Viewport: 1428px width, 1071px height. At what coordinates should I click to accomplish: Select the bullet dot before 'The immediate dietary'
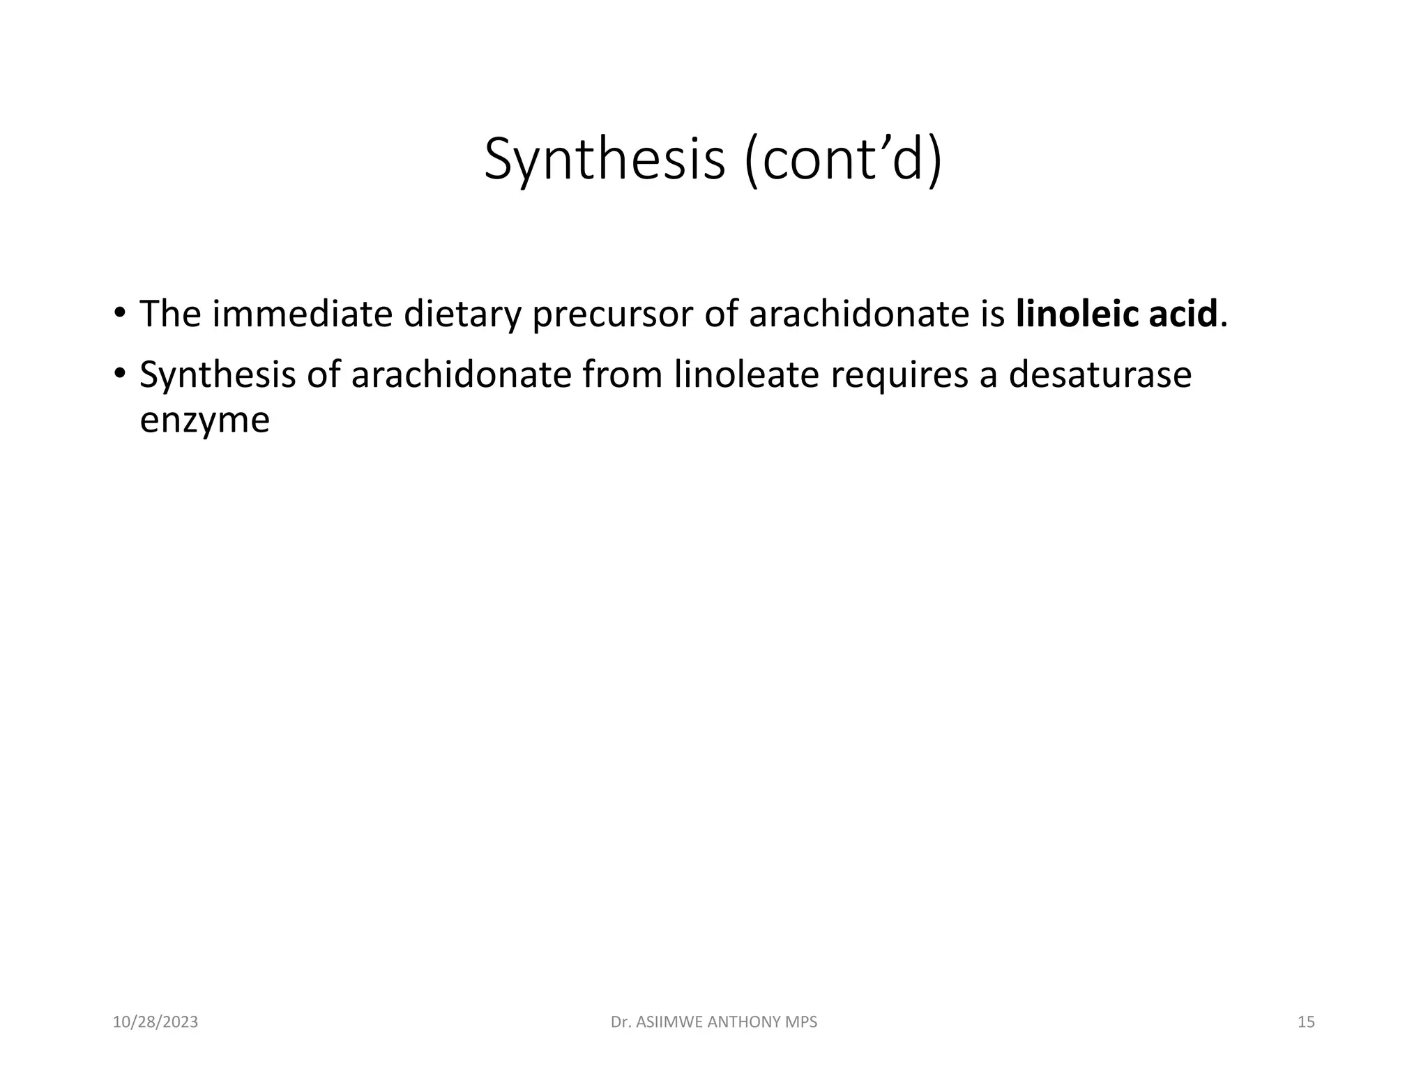pyautogui.click(x=120, y=312)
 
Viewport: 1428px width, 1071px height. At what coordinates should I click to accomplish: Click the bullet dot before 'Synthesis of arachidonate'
pyautogui.click(x=120, y=372)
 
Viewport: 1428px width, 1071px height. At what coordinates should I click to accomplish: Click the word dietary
pyautogui.click(x=462, y=314)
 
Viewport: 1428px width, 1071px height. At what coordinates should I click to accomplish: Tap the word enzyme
pyautogui.click(x=204, y=421)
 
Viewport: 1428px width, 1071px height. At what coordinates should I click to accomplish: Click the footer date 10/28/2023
pyautogui.click(x=155, y=1022)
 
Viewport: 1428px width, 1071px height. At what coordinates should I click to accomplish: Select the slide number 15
pyautogui.click(x=1306, y=1022)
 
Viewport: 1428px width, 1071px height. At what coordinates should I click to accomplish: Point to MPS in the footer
pyautogui.click(x=800, y=1022)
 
